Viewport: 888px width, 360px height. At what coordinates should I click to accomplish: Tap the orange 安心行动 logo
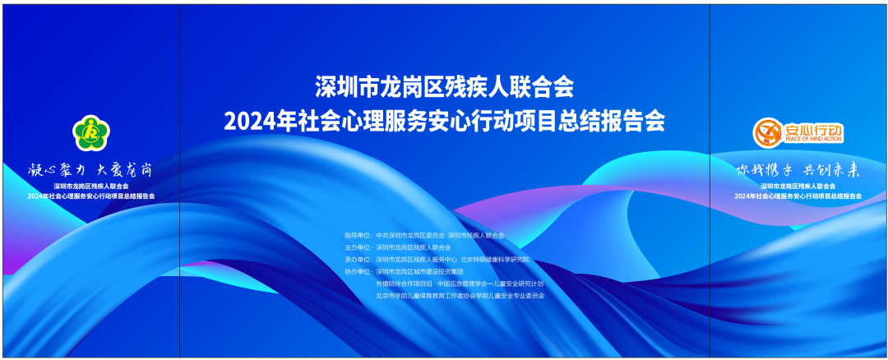[x=798, y=132]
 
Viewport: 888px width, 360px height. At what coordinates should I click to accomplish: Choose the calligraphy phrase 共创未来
[x=830, y=170]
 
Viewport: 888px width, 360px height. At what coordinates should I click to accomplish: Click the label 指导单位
[x=358, y=236]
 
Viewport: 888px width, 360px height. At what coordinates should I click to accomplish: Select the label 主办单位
[x=358, y=247]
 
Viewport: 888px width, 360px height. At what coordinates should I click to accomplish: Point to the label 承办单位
[x=358, y=260]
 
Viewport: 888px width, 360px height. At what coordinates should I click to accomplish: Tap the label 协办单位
[x=358, y=271]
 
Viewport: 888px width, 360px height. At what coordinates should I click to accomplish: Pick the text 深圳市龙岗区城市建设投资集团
[x=420, y=271]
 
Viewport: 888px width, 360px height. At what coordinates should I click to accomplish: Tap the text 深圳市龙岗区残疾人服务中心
[x=416, y=260]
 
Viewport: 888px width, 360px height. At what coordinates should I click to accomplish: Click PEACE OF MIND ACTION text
[x=813, y=139]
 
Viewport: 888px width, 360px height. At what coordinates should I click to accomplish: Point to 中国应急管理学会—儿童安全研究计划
[x=490, y=284]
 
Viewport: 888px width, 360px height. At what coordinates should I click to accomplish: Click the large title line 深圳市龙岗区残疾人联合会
[x=444, y=85]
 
